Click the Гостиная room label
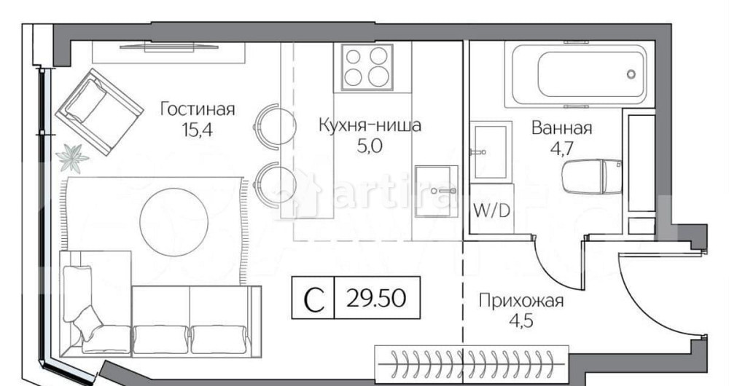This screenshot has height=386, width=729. (198, 109)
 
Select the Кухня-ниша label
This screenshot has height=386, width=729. (370, 125)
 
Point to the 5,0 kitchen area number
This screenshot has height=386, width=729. (370, 145)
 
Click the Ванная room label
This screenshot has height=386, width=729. (561, 129)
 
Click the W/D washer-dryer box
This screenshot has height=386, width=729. (491, 212)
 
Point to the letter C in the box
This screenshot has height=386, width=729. (313, 299)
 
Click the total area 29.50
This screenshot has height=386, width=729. (377, 299)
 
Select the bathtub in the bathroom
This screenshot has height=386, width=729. (579, 75)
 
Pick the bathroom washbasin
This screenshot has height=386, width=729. (490, 152)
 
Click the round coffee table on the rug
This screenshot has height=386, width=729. (168, 205)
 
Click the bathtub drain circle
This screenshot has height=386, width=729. (631, 74)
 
